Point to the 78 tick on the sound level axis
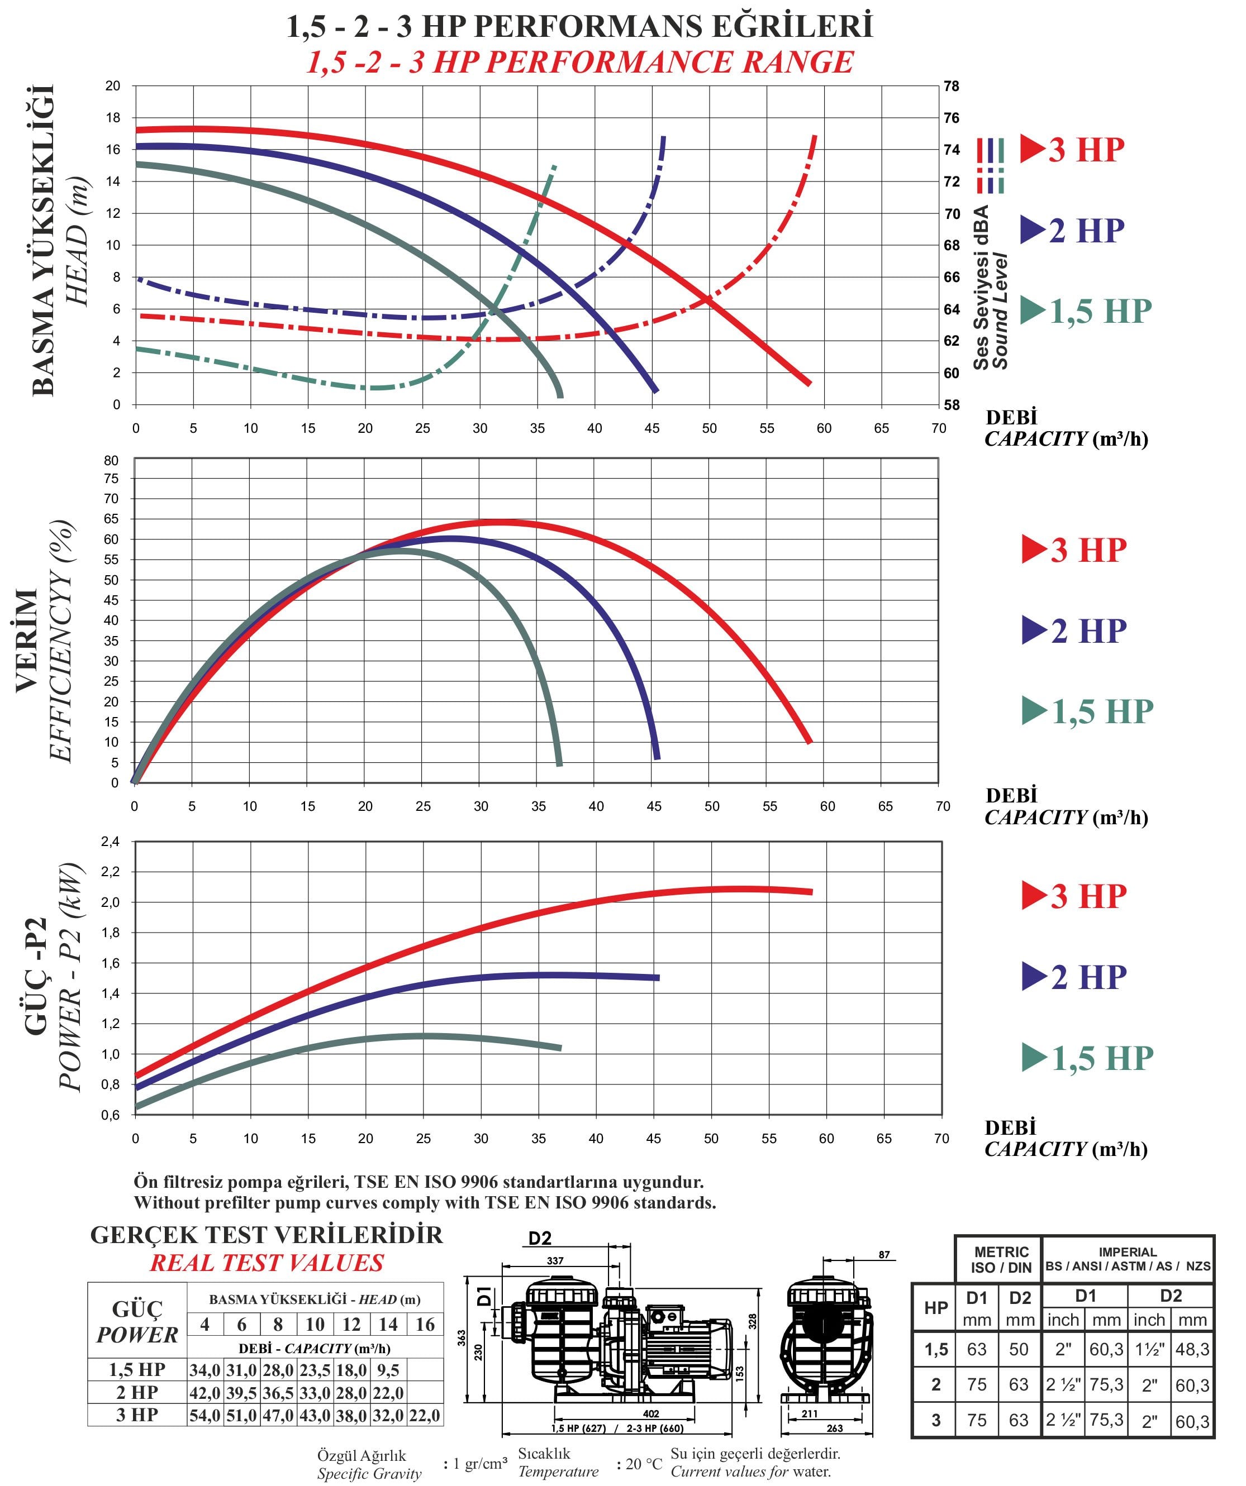[952, 87]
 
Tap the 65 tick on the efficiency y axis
[111, 519]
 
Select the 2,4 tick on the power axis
[111, 842]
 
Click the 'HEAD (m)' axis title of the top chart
[78, 241]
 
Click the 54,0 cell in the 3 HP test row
[205, 1415]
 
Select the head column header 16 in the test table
[425, 1325]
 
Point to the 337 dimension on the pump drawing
[555, 1261]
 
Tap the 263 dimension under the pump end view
[835, 1428]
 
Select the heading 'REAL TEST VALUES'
[267, 1263]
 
